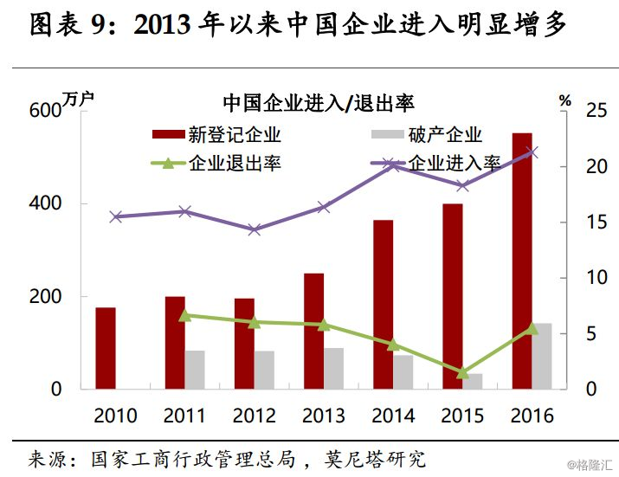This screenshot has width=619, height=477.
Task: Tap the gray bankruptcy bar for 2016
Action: point(542,356)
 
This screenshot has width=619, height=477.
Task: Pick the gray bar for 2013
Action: point(333,368)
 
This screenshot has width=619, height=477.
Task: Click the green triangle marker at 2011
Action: point(184,316)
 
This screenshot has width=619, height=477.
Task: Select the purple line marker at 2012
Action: point(254,229)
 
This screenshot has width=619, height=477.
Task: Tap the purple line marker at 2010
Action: point(116,216)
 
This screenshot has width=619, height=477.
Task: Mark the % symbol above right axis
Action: point(565,100)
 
